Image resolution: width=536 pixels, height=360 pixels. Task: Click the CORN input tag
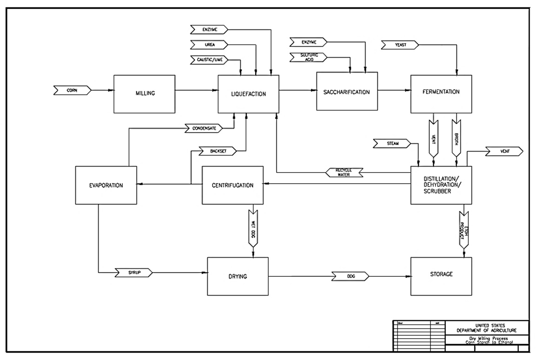click(72, 89)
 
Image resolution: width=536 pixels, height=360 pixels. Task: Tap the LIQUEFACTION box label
click(249, 94)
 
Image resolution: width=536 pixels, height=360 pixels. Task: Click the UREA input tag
click(209, 45)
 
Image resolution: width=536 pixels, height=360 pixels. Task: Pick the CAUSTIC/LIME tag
click(209, 60)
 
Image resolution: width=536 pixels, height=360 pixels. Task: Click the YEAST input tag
click(400, 45)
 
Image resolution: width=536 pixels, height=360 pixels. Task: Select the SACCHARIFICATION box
click(347, 92)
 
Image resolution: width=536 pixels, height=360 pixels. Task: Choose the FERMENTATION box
click(441, 92)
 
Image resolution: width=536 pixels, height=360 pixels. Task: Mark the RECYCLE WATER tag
click(344, 172)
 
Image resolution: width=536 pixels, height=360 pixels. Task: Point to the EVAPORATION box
click(106, 185)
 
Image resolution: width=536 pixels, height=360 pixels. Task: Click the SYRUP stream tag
click(134, 272)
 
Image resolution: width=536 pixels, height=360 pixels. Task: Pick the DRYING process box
click(238, 276)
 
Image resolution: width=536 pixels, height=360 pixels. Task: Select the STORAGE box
click(441, 274)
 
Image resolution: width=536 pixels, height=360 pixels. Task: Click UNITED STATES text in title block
click(487, 325)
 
